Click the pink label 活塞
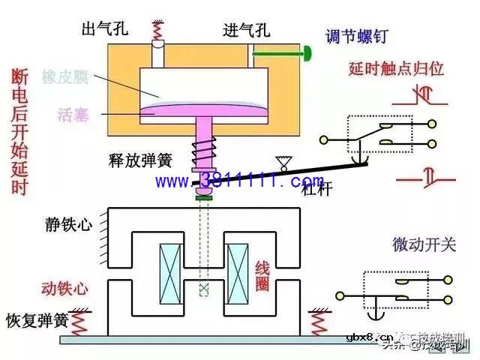[72, 115]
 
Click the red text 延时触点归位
[397, 68]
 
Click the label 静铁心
[67, 223]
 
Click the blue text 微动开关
[421, 244]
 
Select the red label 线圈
[262, 274]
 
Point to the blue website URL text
[240, 181]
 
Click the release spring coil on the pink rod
[203, 153]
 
